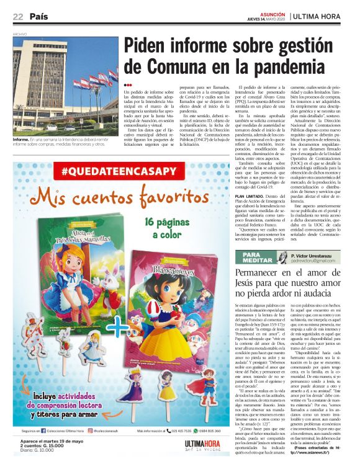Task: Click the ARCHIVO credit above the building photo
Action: click(x=20, y=34)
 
